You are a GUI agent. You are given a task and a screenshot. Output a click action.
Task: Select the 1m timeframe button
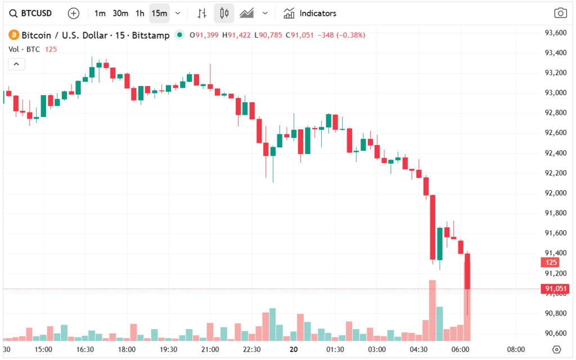click(100, 13)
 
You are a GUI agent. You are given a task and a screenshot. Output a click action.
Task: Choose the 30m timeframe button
click(120, 13)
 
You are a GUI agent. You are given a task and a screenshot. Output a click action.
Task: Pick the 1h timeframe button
click(139, 13)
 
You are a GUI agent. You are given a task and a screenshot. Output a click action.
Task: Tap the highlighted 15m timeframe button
click(159, 13)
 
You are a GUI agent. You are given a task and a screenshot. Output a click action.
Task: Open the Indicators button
click(310, 13)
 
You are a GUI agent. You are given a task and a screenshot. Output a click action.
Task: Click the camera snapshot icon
click(560, 13)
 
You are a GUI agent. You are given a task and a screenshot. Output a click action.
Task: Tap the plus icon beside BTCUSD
click(74, 13)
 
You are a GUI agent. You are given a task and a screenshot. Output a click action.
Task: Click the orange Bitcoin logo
click(13, 35)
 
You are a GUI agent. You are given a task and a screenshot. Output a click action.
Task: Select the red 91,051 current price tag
click(555, 289)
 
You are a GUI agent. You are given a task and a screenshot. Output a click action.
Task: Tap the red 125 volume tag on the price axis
click(550, 262)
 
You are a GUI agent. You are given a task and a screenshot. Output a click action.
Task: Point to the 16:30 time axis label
click(85, 349)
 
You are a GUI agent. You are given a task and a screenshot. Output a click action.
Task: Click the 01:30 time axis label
click(335, 349)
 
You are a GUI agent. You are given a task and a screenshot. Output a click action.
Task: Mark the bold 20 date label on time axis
click(294, 349)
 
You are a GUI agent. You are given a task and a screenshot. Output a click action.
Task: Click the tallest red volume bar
click(433, 310)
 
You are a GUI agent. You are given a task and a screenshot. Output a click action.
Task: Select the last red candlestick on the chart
click(467, 271)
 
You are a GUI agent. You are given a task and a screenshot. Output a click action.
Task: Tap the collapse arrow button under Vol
click(16, 64)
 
